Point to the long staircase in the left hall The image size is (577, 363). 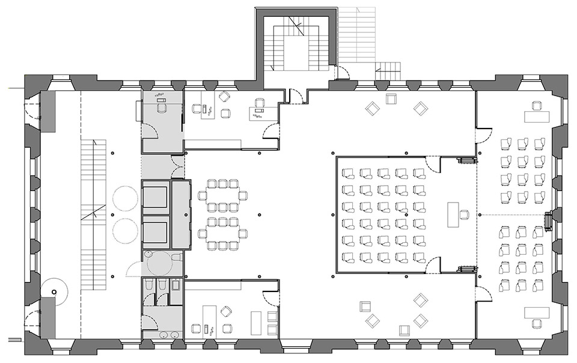tap(93, 214)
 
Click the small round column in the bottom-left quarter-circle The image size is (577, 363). tap(54, 291)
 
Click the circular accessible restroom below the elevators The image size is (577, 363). tap(159, 262)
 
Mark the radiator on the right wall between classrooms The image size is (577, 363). tap(548, 221)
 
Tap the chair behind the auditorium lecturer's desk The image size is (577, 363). tap(466, 215)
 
